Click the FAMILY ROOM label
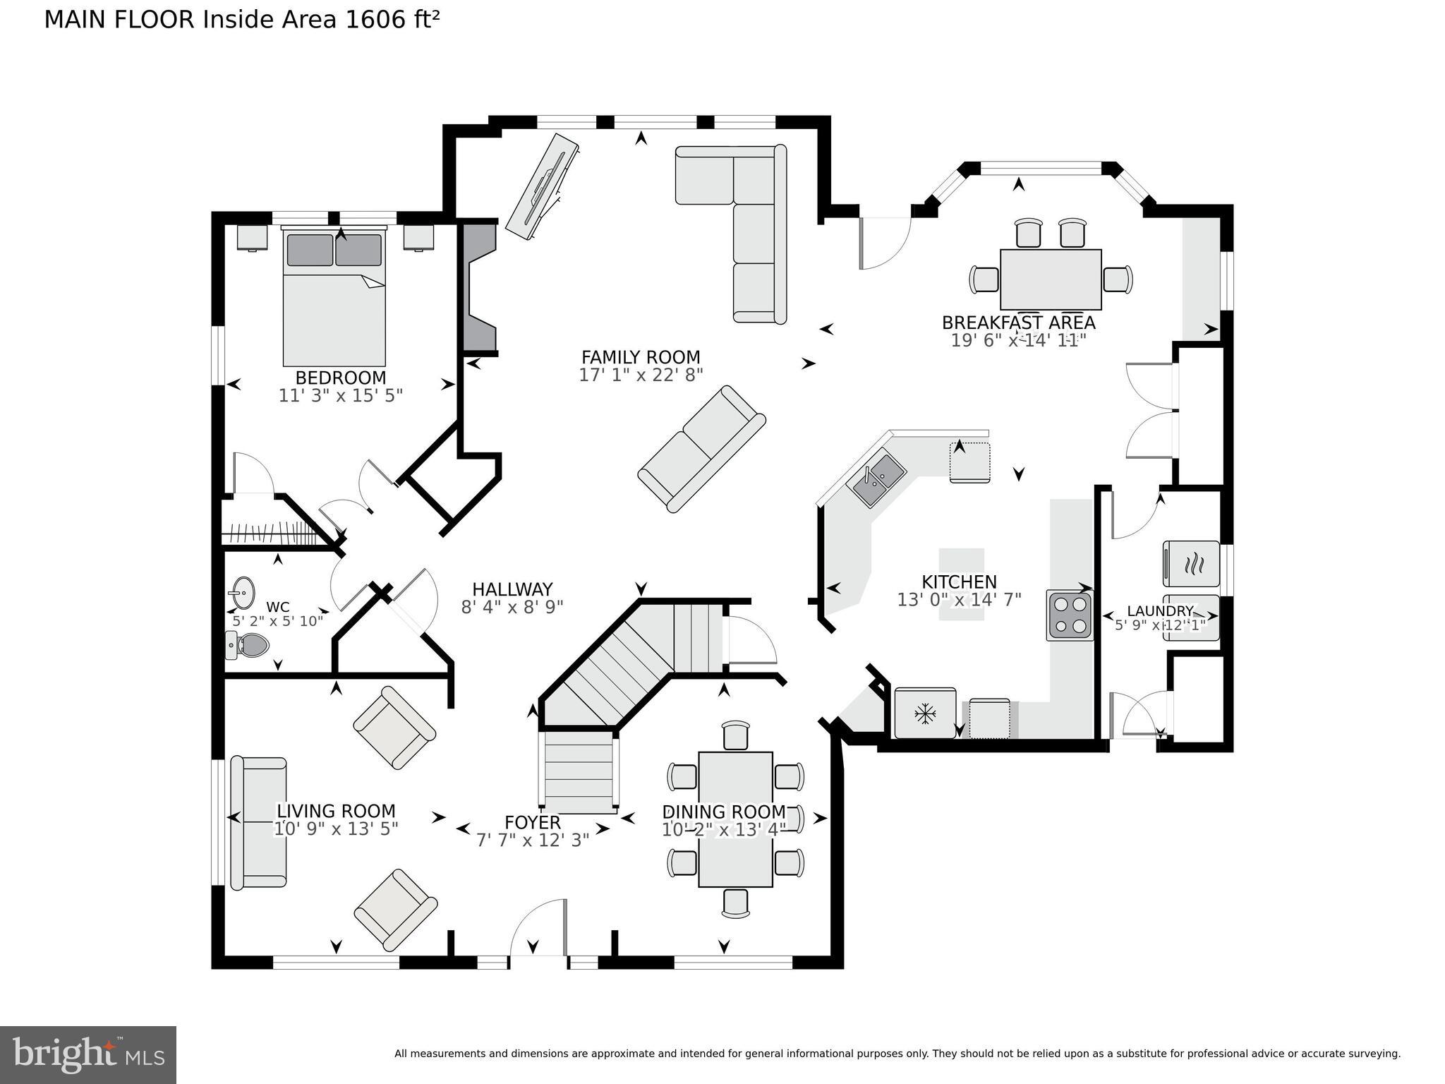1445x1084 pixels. pos(641,357)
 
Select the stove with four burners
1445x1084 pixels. pos(1070,615)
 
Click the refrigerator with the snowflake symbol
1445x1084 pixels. pos(925,713)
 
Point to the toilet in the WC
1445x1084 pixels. pos(249,645)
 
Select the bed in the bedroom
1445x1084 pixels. pos(334,298)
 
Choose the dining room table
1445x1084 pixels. pos(735,819)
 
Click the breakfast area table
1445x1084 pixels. pos(1051,279)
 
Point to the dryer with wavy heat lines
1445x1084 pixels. pos(1191,563)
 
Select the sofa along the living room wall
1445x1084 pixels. pos(259,822)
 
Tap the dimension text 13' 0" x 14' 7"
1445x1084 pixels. pos(959,600)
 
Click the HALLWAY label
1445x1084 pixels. pos(512,589)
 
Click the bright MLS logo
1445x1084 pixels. pos(87,1054)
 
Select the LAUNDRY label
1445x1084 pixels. pos(1159,611)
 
